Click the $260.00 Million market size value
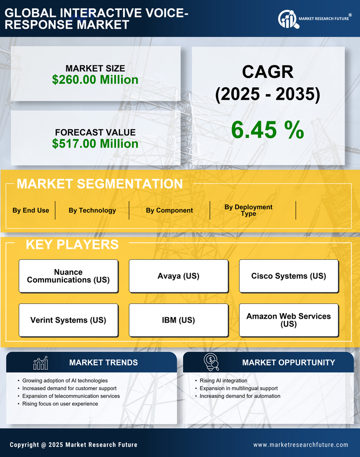[95, 80]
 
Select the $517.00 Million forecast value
[95, 144]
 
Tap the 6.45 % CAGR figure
[267, 130]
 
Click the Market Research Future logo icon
[287, 19]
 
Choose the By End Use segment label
[31, 210]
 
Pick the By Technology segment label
[92, 210]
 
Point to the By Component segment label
[169, 210]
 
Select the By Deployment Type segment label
[249, 210]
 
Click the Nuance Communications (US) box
[68, 276]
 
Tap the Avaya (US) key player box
[178, 276]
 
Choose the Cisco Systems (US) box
[289, 276]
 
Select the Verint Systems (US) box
[68, 320]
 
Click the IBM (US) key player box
[178, 320]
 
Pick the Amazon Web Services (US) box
[289, 320]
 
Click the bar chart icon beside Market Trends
[40, 363]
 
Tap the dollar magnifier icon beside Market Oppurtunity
[211, 362]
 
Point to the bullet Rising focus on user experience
[60, 404]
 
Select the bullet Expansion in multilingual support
[239, 388]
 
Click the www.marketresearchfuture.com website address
[301, 445]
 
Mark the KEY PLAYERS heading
[72, 244]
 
